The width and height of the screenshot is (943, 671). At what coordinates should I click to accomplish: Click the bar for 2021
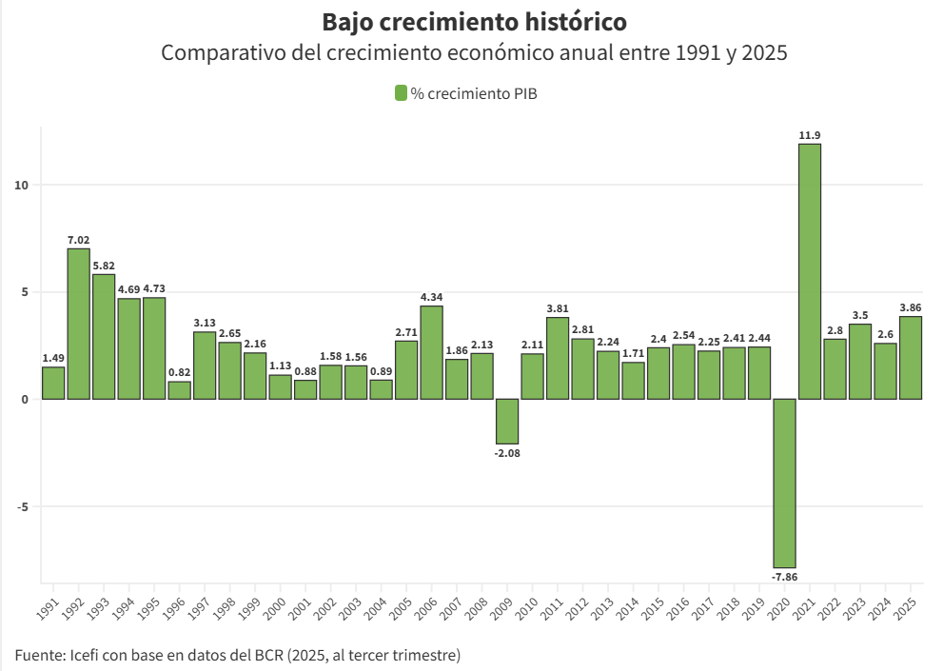(810, 271)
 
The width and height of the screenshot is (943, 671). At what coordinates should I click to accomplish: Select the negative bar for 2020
(784, 483)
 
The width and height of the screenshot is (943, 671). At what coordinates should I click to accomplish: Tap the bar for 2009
(507, 421)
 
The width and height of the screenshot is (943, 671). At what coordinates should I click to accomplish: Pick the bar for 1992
(78, 324)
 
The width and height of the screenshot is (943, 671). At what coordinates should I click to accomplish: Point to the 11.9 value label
(810, 136)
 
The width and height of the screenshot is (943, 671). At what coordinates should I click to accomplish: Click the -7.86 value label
(784, 577)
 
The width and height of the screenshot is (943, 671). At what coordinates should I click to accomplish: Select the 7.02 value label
(78, 241)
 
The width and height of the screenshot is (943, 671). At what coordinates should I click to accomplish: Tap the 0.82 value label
(179, 373)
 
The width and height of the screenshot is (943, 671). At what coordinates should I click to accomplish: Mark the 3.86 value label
(911, 308)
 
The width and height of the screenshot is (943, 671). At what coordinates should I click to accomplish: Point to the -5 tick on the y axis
(23, 506)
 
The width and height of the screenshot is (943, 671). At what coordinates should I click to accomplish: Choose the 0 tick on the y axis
(26, 399)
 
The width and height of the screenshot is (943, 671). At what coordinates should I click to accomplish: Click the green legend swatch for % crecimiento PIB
(401, 93)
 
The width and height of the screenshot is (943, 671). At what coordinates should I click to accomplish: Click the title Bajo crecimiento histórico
(474, 22)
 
